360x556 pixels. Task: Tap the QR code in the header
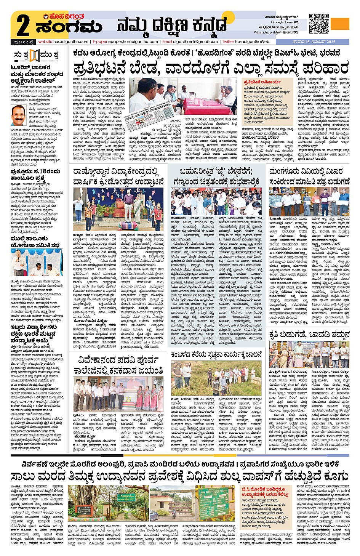coord(318,23)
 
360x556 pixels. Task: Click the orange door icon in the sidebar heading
coord(34,56)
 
